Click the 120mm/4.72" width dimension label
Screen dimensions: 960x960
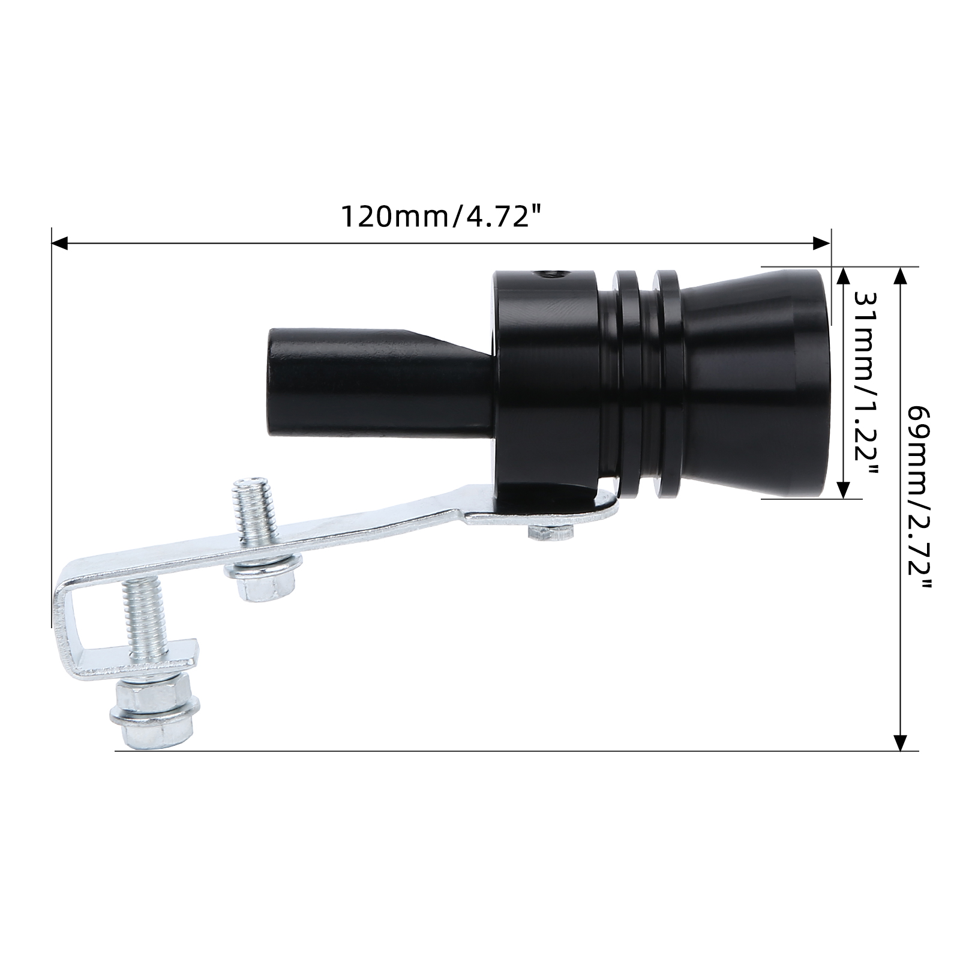click(437, 216)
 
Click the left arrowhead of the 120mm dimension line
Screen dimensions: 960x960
click(61, 243)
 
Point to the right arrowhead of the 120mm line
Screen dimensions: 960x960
click(821, 243)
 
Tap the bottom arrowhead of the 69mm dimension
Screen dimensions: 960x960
click(899, 741)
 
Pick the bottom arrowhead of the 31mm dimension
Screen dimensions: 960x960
click(844, 489)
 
